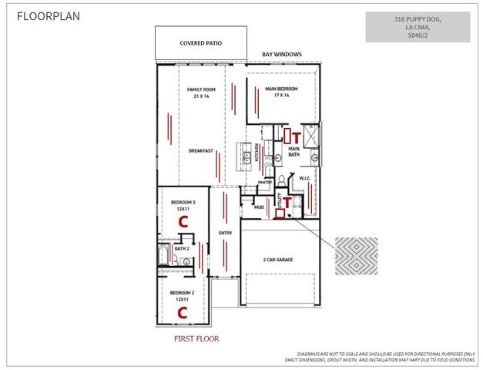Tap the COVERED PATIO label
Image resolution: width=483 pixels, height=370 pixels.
tap(200, 43)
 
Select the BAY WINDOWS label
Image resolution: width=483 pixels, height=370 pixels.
tap(282, 54)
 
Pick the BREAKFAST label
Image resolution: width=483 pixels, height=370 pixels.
tap(200, 151)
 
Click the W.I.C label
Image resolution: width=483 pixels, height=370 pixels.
tap(304, 180)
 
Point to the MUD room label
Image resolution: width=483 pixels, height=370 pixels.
tap(259, 207)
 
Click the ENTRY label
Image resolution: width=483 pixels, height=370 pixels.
tap(226, 232)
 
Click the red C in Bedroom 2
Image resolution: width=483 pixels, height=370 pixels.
tap(183, 312)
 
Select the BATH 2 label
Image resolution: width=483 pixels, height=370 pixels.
tap(182, 248)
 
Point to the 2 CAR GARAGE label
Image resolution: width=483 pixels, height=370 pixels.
tap(279, 260)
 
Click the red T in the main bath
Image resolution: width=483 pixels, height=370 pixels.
tap(297, 139)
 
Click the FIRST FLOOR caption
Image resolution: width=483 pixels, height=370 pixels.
tap(197, 338)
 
